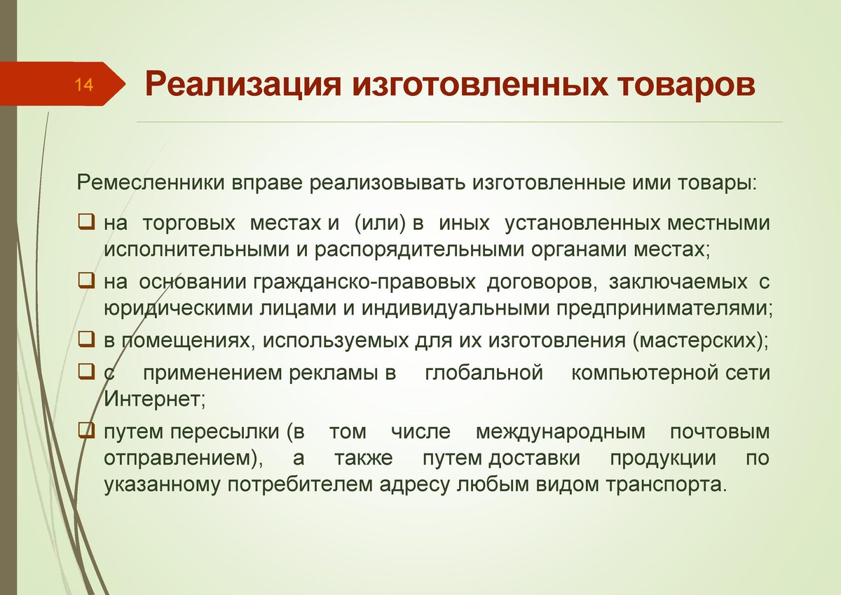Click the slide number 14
click(84, 85)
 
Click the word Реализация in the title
click(243, 86)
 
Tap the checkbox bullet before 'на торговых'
click(86, 222)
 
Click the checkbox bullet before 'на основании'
click(86, 280)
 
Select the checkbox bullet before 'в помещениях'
click(86, 339)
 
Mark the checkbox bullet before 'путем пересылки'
click(86, 431)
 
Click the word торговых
click(189, 224)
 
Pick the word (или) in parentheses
click(381, 223)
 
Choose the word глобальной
click(484, 373)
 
